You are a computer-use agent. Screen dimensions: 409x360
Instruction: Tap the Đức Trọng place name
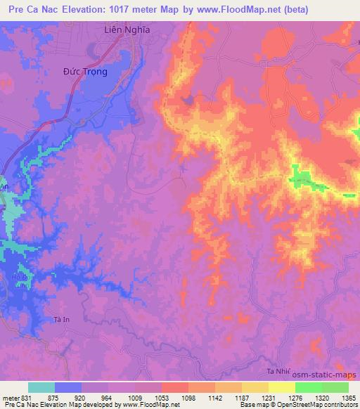(88, 72)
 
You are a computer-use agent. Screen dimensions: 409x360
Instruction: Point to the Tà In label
(63, 320)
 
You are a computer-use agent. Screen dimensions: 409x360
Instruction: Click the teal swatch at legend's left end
(41, 387)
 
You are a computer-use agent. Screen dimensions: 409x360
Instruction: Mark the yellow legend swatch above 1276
(282, 387)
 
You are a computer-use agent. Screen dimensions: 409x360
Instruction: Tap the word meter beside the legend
(11, 398)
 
